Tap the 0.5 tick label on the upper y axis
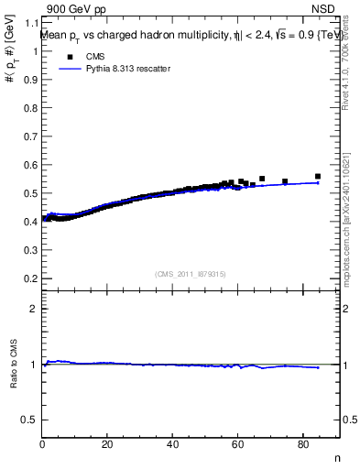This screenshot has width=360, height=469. (x=29, y=193)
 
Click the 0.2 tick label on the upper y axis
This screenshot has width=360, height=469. (x=29, y=278)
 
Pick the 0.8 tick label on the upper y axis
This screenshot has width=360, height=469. (x=29, y=108)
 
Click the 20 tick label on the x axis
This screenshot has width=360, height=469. (x=108, y=445)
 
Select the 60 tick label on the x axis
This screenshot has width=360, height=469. (x=239, y=445)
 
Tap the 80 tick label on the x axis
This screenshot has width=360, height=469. (x=304, y=445)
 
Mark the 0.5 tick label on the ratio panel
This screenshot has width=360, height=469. (x=29, y=420)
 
